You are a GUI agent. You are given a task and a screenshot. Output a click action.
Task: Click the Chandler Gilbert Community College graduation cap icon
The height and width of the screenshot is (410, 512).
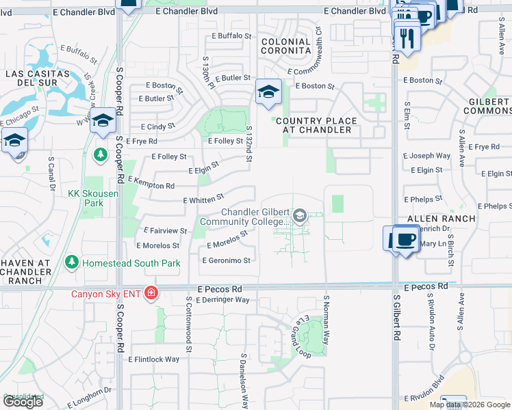[299, 217]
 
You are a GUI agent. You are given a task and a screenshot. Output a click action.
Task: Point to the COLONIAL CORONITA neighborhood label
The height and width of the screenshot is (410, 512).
[287, 46]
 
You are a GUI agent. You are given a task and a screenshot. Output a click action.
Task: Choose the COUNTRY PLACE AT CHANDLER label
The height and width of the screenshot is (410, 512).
[316, 125]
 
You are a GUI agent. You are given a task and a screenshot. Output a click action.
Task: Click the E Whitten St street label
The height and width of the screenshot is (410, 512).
[204, 199]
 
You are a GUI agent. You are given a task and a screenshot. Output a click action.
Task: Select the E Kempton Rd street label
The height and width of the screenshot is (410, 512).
[151, 182]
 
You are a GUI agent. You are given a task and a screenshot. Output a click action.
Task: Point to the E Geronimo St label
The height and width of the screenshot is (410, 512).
[227, 260]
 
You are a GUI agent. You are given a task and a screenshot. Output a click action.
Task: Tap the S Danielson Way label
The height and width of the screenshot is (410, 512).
[243, 382]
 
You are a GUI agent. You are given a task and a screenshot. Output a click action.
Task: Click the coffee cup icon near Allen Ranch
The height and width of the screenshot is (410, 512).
[407, 241]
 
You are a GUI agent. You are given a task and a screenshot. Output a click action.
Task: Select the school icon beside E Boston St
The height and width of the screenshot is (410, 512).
[268, 92]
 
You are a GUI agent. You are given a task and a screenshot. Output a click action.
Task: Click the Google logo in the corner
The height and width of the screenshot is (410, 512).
[23, 402]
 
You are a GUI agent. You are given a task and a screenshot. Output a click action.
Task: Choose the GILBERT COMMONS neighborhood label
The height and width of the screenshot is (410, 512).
[489, 106]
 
